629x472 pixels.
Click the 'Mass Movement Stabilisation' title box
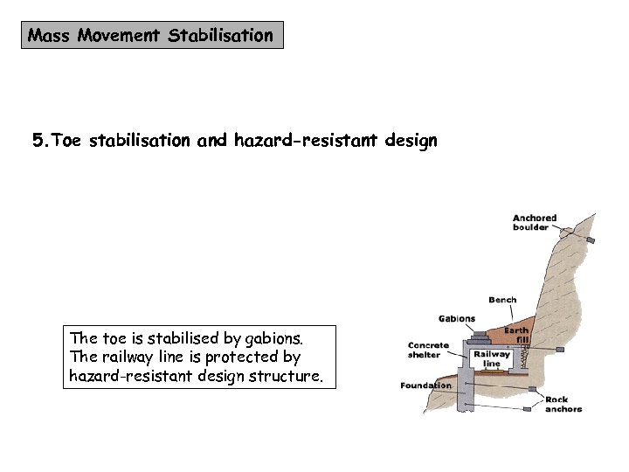(152, 36)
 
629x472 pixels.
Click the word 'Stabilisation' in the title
(220, 36)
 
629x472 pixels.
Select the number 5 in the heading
(38, 140)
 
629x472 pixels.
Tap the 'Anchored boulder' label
(534, 223)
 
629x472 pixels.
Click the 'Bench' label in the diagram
(502, 300)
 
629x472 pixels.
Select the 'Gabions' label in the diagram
(456, 319)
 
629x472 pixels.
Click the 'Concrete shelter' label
(427, 350)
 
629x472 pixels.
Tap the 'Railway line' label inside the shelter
(492, 359)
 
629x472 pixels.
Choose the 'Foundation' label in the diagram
(425, 385)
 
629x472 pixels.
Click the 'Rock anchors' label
(563, 404)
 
